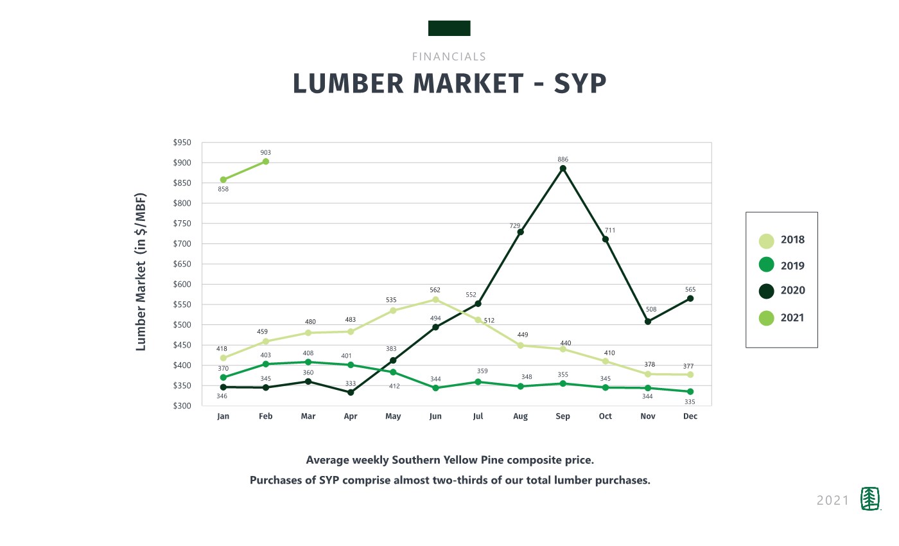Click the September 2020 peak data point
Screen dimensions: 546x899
pos(563,169)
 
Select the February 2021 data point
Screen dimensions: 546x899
pos(266,161)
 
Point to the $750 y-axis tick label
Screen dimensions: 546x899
pos(183,224)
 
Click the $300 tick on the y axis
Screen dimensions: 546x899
pos(183,406)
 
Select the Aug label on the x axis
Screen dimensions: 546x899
pos(520,416)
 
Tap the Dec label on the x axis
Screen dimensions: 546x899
pos(690,416)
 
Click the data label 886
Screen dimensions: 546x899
pos(563,159)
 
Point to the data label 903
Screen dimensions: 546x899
pos(266,152)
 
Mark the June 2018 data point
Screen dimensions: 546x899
pos(435,299)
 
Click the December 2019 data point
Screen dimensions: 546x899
pos(690,391)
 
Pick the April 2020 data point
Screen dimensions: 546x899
pos(351,392)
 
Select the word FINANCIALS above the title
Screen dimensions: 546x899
pos(449,57)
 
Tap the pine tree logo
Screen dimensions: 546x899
pos(869,499)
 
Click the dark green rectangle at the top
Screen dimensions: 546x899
pos(449,28)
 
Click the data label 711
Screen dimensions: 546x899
pos(610,229)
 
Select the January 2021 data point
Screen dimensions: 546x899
pos(223,180)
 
